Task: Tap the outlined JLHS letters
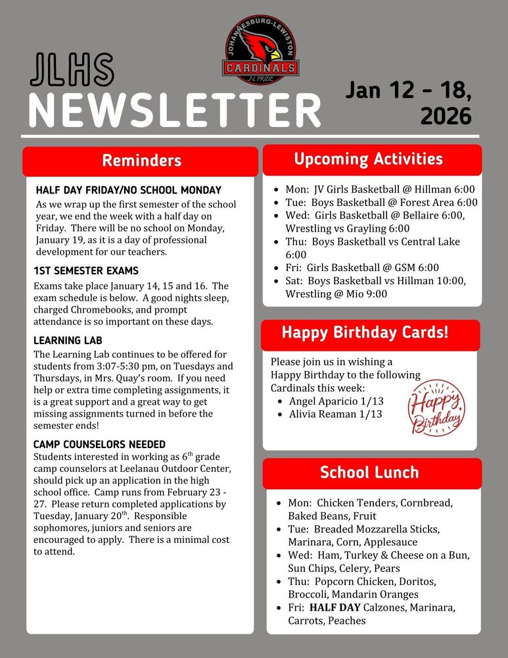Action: (72, 70)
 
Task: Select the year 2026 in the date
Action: (446, 116)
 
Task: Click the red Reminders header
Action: (141, 161)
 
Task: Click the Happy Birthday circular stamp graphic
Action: (436, 408)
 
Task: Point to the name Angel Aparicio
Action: (323, 401)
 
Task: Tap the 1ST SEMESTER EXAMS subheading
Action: (86, 271)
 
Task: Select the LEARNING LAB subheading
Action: (68, 340)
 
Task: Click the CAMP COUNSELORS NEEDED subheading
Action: (99, 444)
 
